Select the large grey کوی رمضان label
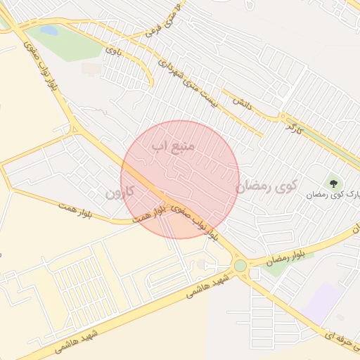266,186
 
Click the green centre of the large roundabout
240,266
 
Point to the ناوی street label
112,51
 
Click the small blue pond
49,31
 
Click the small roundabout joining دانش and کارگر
282,116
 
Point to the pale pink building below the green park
90,69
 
